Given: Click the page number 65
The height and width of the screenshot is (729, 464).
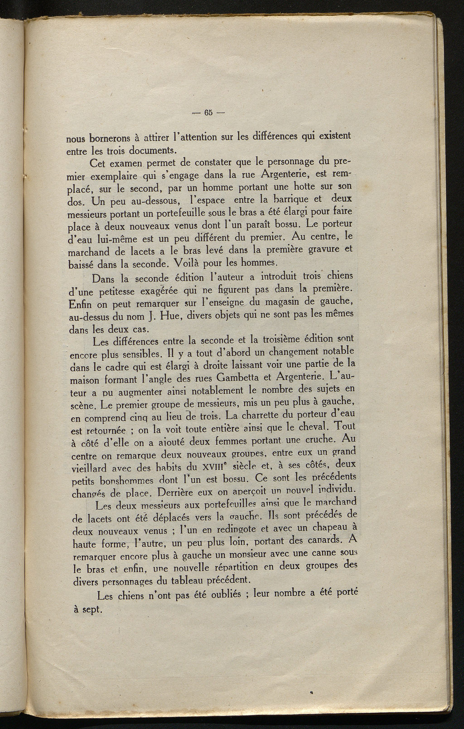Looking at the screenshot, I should (208, 113).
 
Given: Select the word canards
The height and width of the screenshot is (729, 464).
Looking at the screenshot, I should (324, 540).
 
